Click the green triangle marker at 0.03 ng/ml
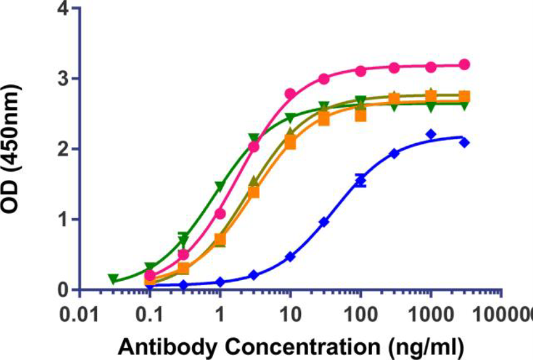pyautogui.click(x=113, y=279)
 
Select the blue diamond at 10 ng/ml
pyautogui.click(x=290, y=257)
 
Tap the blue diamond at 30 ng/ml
pyautogui.click(x=324, y=222)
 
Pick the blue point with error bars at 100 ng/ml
pyautogui.click(x=361, y=181)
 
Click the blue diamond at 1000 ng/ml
pyautogui.click(x=431, y=134)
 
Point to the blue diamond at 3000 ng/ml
pyautogui.click(x=464, y=143)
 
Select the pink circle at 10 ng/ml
pyautogui.click(x=290, y=94)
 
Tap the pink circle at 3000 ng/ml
pyautogui.click(x=464, y=64)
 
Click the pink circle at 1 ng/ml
pyautogui.click(x=220, y=214)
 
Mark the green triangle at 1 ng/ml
pyautogui.click(x=219, y=186)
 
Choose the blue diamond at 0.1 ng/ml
pyautogui.click(x=150, y=286)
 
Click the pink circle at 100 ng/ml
pyautogui.click(x=361, y=71)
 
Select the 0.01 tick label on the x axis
pyautogui.click(x=78, y=314)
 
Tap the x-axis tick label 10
pyautogui.click(x=290, y=314)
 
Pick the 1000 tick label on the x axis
pyautogui.click(x=431, y=314)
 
